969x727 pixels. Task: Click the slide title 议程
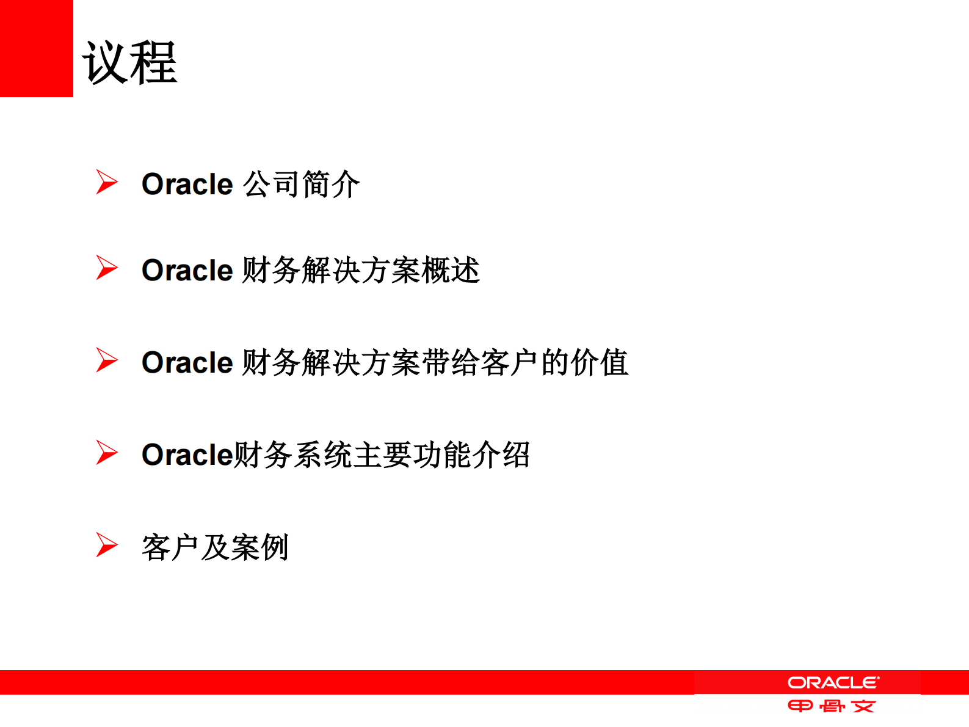point(129,62)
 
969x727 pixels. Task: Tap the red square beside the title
point(36,48)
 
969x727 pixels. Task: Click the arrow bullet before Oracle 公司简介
point(106,182)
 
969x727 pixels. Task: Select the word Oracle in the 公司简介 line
point(187,184)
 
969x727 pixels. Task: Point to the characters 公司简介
point(301,184)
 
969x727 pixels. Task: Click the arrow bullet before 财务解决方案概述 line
point(106,268)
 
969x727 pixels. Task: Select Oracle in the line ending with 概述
point(187,271)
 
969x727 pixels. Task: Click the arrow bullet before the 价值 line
point(106,360)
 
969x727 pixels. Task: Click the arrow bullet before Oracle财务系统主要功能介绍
point(106,453)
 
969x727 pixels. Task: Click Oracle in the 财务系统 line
point(187,455)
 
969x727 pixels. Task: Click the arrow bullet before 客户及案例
point(106,545)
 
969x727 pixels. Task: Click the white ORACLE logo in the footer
point(833,682)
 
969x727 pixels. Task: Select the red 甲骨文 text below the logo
point(832,707)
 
